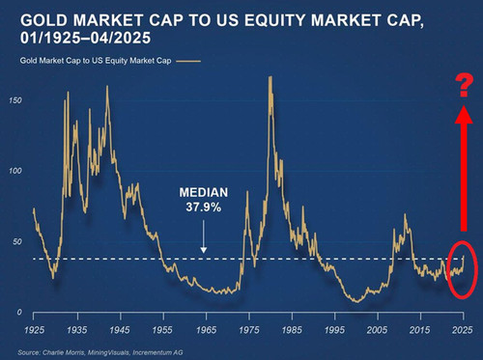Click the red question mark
coord(464,85)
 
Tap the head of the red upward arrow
coord(464,114)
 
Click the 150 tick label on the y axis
coord(15,100)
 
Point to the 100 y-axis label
coord(15,171)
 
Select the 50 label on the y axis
coord(17,241)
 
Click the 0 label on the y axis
coord(19,312)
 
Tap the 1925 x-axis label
coord(34,330)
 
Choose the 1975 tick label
coord(249,330)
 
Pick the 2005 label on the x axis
coord(378,330)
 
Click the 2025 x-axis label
coord(463,330)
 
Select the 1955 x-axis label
coord(163,330)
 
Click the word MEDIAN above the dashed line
coord(204,192)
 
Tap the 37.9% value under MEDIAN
coord(204,207)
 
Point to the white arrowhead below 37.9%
coord(203,250)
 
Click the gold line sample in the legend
coord(188,61)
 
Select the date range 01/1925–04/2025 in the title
coord(85,38)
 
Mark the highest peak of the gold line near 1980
coord(270,76)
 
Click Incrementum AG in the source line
coord(157,352)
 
